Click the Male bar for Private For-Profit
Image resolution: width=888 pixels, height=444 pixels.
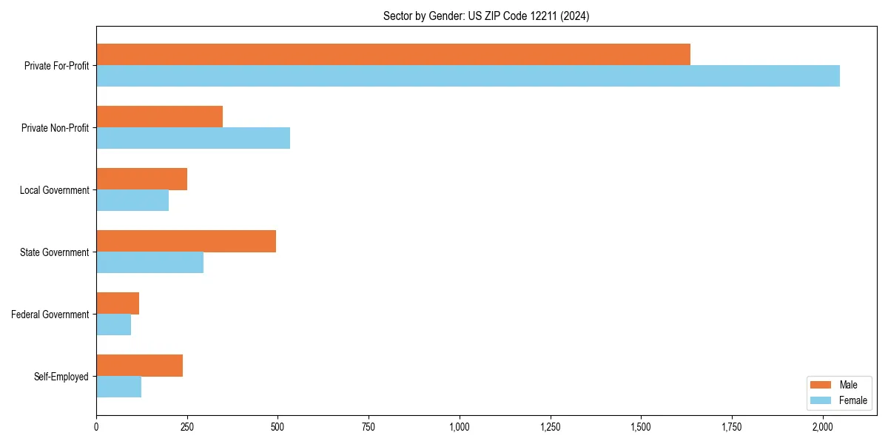pos(393,55)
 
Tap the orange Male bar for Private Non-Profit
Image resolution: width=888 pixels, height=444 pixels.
pos(159,117)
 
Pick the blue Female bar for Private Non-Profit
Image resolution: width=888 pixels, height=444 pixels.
pos(193,138)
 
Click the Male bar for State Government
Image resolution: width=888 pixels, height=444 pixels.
pos(186,241)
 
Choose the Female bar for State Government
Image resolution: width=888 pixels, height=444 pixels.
pos(149,263)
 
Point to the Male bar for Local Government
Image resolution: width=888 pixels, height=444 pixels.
pos(141,179)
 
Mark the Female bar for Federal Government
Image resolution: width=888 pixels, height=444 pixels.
pos(113,325)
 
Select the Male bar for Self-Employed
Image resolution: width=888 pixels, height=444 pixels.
pos(139,366)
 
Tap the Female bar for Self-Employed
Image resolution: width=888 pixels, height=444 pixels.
pos(118,387)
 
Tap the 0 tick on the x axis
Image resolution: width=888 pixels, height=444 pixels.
pos(96,427)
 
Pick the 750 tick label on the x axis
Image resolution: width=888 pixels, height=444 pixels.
pos(369,427)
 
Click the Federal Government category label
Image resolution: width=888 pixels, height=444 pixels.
pos(50,314)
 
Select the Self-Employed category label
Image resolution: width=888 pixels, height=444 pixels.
pos(61,377)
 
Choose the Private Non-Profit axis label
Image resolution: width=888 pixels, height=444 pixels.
pos(55,128)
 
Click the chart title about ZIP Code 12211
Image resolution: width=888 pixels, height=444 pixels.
pos(486,16)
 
